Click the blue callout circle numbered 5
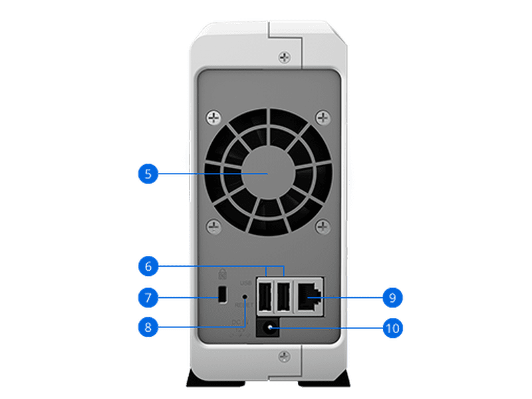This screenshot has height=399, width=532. (x=148, y=174)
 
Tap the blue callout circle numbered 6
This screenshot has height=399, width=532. (x=148, y=267)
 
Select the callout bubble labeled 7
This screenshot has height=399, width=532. (x=148, y=297)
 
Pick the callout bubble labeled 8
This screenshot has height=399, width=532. (x=148, y=327)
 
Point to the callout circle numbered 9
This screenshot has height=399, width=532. (x=392, y=297)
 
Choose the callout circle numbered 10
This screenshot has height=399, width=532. (x=392, y=327)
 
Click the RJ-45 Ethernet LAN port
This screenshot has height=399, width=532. (x=309, y=295)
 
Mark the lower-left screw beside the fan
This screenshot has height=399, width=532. (x=213, y=227)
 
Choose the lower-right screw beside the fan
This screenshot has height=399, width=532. (x=323, y=227)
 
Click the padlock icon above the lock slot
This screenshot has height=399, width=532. (x=223, y=273)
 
